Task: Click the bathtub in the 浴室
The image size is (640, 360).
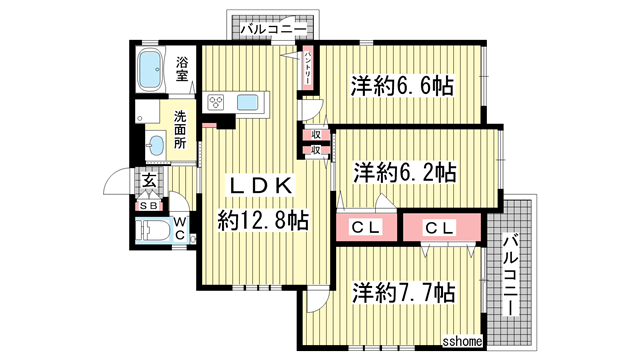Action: pyautogui.click(x=153, y=70)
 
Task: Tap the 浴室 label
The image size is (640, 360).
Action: pyautogui.click(x=183, y=69)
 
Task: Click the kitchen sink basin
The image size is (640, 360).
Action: pyautogui.click(x=248, y=102)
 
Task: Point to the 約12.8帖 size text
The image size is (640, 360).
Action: pyautogui.click(x=263, y=220)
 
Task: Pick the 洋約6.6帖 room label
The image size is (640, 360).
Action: pyautogui.click(x=401, y=86)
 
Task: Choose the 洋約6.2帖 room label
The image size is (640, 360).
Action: pyautogui.click(x=404, y=172)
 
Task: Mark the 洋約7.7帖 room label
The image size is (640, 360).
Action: pyautogui.click(x=404, y=293)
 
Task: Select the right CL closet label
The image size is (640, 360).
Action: pyautogui.click(x=440, y=228)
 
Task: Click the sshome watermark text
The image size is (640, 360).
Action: pyautogui.click(x=463, y=342)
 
